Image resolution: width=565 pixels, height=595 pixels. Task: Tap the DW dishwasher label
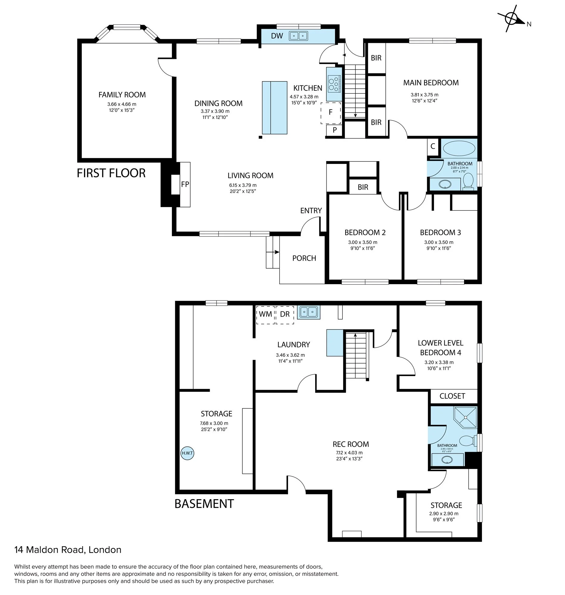coord(277,36)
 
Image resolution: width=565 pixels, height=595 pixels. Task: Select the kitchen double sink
coord(298,36)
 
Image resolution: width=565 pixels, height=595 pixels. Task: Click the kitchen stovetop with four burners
coord(334,84)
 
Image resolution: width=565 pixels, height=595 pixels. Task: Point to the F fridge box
coord(331,113)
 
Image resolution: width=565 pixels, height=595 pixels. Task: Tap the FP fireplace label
coord(185,184)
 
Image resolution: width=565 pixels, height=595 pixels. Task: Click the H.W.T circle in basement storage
coord(187,453)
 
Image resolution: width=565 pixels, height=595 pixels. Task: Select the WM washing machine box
coord(265,315)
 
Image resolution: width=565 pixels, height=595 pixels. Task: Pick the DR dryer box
coord(285,315)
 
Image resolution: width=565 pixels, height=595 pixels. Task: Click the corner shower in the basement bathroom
coord(465,417)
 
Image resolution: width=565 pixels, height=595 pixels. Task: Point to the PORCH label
coord(304,258)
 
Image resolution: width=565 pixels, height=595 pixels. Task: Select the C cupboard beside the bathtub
coord(433,146)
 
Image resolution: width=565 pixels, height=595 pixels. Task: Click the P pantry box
coord(334,130)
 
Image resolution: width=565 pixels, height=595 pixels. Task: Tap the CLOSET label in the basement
coord(452,396)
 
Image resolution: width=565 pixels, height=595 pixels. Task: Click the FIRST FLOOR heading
coord(111,173)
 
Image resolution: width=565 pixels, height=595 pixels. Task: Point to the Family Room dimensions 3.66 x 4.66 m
coord(122,104)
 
